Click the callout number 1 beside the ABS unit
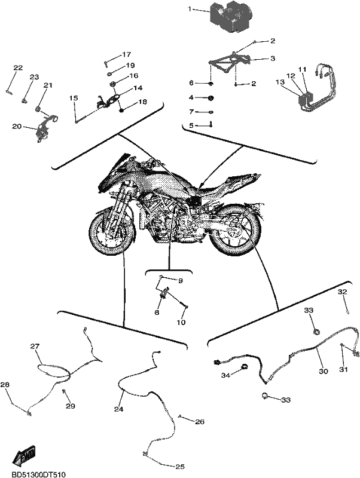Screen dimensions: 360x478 190,10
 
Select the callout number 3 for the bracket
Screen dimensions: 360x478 273,58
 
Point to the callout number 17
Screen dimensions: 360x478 127,54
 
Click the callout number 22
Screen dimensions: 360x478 18,68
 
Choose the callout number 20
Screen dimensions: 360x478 17,126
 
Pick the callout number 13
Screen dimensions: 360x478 280,82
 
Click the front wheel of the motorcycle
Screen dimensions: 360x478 112,233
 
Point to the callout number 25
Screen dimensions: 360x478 179,467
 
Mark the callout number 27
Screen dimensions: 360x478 35,346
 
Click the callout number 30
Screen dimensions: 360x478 324,371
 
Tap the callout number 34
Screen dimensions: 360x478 225,375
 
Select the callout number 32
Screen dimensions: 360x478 342,292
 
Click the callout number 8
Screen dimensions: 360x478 157,312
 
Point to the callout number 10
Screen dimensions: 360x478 181,322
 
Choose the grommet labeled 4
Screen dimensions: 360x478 210,98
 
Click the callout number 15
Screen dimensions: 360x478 73,98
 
